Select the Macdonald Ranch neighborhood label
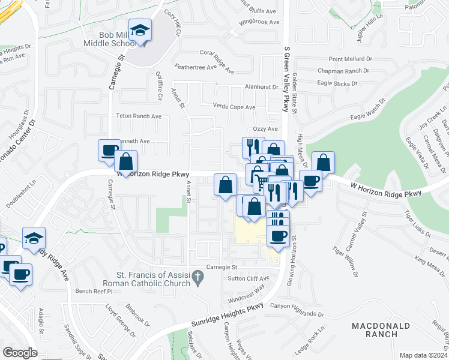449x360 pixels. tap(381, 330)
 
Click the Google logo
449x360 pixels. tap(20, 352)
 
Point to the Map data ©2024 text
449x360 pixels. tap(423, 355)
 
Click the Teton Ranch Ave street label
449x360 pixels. tap(139, 116)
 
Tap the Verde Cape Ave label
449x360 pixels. tap(234, 107)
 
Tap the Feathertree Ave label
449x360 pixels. tap(195, 67)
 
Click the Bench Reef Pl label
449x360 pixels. tap(94, 291)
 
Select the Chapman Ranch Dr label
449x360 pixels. tap(343, 71)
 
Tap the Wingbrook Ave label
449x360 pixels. tap(259, 22)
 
